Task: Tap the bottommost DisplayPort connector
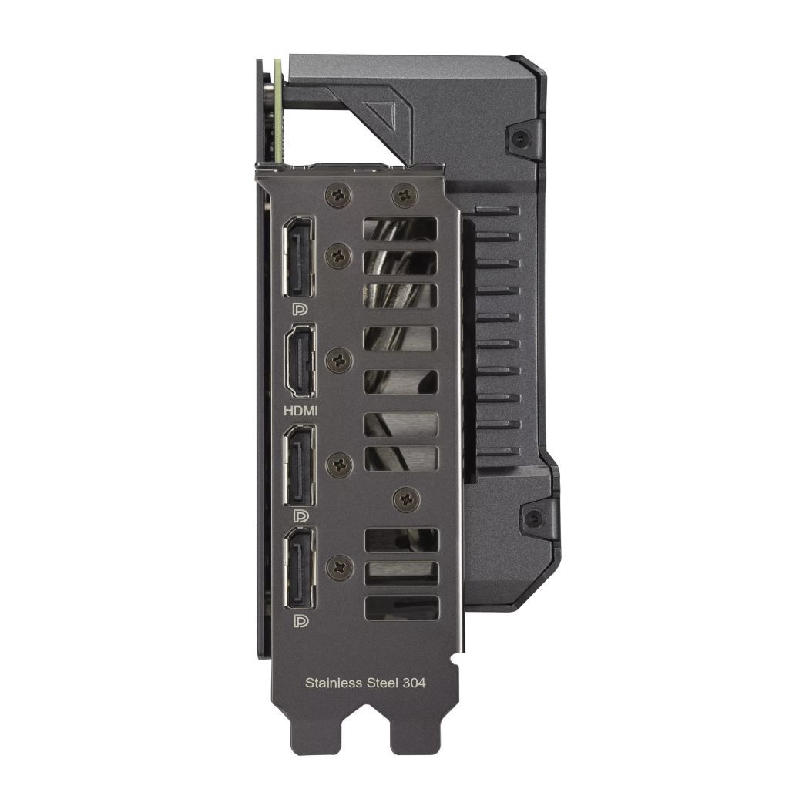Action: click(x=299, y=569)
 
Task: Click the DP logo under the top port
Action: click(x=299, y=309)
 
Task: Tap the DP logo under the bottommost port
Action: click(x=299, y=619)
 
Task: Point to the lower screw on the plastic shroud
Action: click(x=532, y=515)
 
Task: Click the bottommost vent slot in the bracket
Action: click(x=400, y=607)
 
